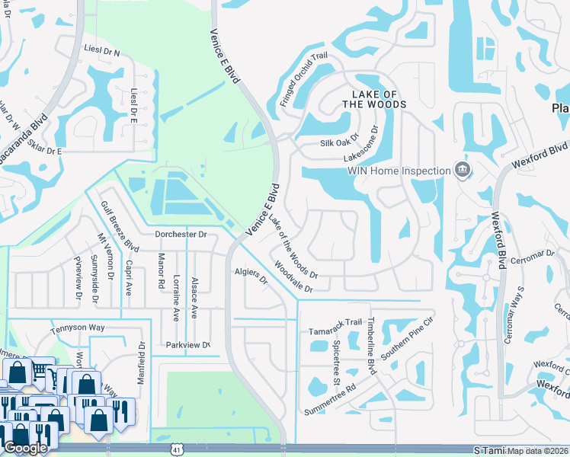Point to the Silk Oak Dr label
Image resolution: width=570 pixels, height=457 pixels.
point(339,142)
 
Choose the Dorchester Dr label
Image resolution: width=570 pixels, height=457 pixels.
point(181,235)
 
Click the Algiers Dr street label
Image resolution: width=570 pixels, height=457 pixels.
point(251,276)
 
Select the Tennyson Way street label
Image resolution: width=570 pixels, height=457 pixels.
point(76,329)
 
